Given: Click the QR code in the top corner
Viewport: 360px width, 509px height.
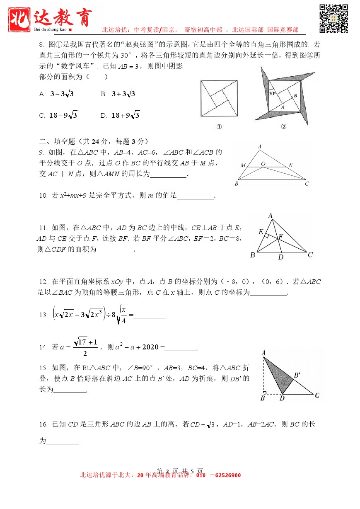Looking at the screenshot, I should coord(333,19).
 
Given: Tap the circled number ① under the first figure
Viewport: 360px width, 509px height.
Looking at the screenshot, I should coord(219,127).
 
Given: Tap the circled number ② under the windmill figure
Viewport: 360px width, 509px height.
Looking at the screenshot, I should coord(283,127).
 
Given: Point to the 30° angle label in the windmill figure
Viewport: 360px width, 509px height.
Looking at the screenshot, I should coord(272,94).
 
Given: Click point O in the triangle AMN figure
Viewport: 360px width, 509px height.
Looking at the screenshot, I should coord(263,164).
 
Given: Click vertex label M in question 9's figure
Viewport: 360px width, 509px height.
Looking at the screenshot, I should coord(243,165).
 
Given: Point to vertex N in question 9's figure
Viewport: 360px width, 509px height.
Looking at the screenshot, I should coord(290,165).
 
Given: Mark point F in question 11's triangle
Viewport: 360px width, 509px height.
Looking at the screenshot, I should coord(280,236).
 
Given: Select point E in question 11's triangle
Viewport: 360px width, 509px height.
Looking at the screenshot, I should coord(261,232).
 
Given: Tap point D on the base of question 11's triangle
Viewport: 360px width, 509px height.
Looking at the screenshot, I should coord(280,257).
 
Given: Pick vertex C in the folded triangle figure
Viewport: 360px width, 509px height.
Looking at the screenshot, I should coord(317,395).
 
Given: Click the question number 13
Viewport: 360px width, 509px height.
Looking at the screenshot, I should coord(43,315).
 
